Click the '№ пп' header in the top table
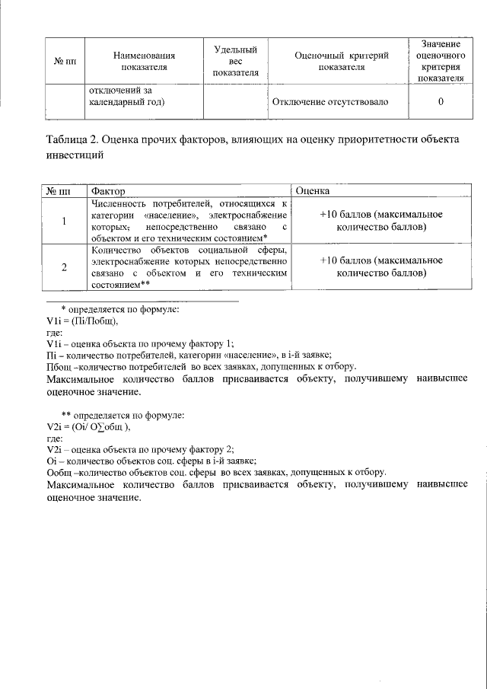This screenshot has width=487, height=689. click(64, 61)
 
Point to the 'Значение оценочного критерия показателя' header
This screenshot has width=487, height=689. click(441, 61)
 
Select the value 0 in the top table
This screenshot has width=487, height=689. click(441, 101)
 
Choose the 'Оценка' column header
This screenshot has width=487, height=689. click(312, 190)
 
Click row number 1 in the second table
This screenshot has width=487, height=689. click(64, 221)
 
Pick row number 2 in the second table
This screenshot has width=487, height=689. click(64, 266)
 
